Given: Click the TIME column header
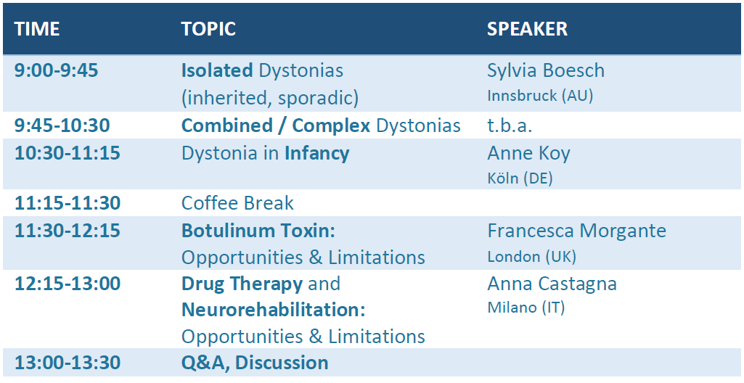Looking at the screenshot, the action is coord(37,30).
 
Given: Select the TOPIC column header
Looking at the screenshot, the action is coord(208,30).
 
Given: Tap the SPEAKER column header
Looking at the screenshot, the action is coord(527,30).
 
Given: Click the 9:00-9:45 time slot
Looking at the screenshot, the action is coord(57,70).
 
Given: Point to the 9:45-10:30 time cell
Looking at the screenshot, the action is coord(62,125).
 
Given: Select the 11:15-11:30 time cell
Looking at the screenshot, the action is coord(68,203).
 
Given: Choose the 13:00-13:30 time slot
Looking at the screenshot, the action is coord(68,363).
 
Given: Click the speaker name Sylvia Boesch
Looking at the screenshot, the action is coord(546,71).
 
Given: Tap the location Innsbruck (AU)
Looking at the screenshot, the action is coord(540,96).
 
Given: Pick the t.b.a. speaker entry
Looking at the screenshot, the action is coord(510,125).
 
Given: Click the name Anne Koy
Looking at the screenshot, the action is coord(528,154).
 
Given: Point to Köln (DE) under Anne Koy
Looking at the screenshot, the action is coord(520,178).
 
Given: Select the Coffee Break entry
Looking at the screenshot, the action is coord(238,203).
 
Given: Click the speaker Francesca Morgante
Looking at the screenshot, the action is coord(576,231).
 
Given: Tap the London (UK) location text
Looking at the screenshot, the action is coord(531,257).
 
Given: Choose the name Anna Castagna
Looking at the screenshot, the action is coord(552,284).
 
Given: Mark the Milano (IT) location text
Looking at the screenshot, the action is coord(526,308).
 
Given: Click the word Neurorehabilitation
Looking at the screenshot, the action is coord(272,310).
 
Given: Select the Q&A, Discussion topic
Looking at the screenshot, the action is coord(255,363).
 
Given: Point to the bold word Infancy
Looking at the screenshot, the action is coord(317,154).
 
